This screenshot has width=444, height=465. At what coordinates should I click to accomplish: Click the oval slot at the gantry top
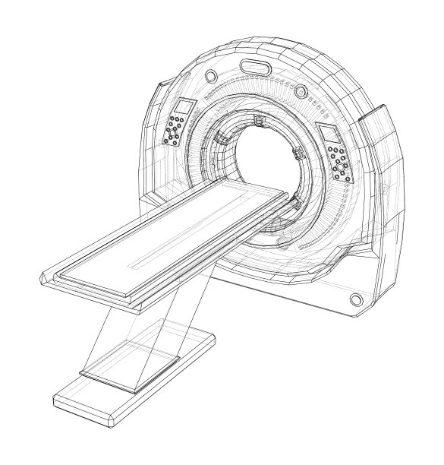click(x=255, y=68)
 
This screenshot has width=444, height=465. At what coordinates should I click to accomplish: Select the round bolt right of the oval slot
click(x=301, y=91)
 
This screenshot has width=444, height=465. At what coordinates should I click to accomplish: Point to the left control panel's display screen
click(x=186, y=108)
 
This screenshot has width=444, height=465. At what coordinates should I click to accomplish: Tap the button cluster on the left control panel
click(x=176, y=130)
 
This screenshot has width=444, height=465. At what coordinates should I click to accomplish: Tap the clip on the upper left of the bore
click(x=222, y=138)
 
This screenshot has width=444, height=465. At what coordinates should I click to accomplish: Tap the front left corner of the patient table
click(x=47, y=278)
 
